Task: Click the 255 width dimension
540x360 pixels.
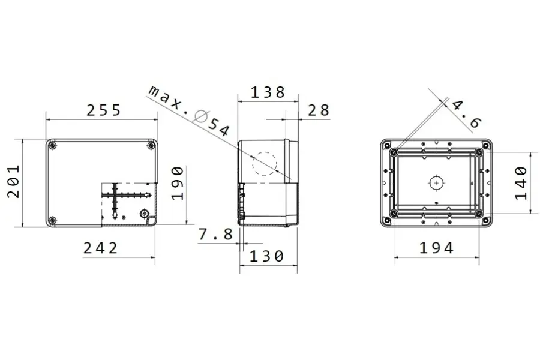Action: coord(103,110)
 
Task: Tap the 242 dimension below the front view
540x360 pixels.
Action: coord(100,247)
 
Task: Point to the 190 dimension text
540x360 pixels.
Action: coord(178,184)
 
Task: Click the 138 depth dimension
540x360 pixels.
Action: coord(268,92)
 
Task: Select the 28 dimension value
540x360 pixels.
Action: coord(319,110)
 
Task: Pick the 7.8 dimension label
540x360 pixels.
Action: coord(215,234)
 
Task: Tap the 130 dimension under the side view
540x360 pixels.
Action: coord(266,256)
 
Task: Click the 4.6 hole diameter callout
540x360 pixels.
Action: coord(466,114)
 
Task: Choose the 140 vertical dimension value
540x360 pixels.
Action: coord(520,182)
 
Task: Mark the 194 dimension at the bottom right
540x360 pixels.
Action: coord(436,247)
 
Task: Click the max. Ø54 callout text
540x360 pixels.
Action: coord(189,110)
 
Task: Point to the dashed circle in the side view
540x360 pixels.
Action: coord(263,164)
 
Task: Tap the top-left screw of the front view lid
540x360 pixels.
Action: coord(53,145)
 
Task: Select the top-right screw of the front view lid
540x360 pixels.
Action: coord(150,145)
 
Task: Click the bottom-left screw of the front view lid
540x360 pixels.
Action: coord(53,220)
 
